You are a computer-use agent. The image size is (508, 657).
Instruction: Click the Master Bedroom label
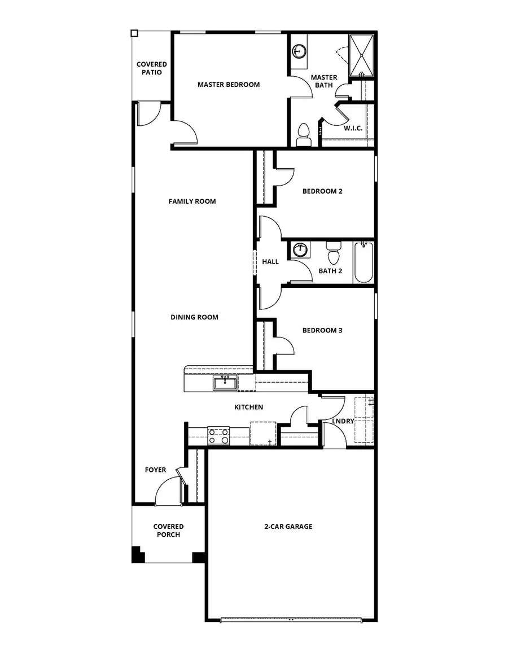coord(229,85)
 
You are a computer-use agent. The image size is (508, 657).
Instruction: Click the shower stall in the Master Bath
coord(362,55)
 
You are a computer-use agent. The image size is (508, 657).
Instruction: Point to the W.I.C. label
coord(353,128)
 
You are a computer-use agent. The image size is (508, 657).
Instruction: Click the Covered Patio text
coord(152,68)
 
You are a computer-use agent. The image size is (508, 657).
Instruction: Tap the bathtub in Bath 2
coord(364,262)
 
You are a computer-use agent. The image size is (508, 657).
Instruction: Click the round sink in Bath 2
coord(300,249)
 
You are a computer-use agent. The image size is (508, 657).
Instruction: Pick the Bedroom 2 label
coord(322,191)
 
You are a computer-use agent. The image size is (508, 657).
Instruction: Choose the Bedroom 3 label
coord(322,330)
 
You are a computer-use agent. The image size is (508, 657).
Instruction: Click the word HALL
coord(270,262)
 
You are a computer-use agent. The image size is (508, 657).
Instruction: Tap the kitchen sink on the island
coord(225,384)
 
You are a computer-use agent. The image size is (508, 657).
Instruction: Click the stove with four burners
coord(218,436)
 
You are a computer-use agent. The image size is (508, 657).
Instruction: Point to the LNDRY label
coord(343,421)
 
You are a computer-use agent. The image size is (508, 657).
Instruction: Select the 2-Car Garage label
coord(288,527)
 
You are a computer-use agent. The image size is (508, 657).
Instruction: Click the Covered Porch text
coord(168,531)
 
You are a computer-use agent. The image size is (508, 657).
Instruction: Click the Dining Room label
coord(194,317)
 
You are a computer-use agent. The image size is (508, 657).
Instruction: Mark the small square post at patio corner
coord(134,33)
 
